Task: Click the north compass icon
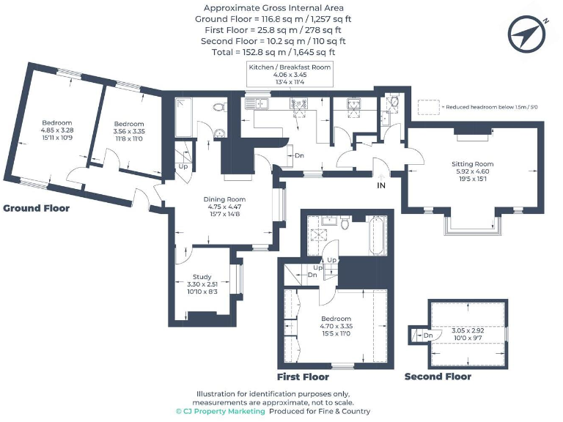tap(529, 33)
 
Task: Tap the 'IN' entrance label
tap(381, 187)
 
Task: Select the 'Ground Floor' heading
tap(37, 208)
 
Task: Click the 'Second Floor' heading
tap(438, 377)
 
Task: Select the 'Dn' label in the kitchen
tap(300, 155)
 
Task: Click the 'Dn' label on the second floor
tap(428, 335)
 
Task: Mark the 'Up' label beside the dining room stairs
tap(183, 166)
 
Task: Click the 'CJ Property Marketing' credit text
tap(220, 412)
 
